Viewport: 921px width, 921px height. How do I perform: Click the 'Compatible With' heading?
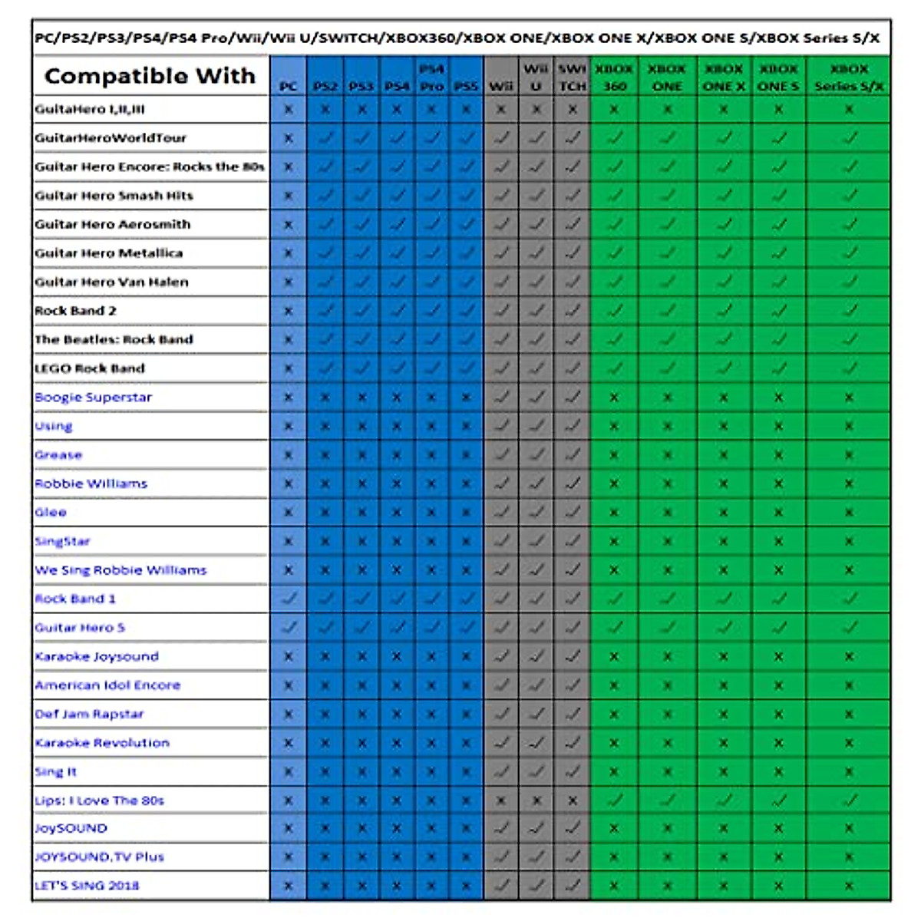click(x=150, y=76)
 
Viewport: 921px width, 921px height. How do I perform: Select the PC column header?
click(x=288, y=86)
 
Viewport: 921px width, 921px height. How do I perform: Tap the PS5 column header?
click(x=466, y=86)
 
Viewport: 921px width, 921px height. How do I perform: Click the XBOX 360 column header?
click(x=614, y=77)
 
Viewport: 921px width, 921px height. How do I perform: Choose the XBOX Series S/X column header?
click(x=849, y=77)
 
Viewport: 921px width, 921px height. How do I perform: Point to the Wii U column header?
click(x=536, y=77)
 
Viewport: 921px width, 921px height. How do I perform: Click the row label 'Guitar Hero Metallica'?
click(x=109, y=253)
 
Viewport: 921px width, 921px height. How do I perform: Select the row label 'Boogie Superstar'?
click(x=94, y=398)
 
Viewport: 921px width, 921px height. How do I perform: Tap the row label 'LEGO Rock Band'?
click(x=90, y=368)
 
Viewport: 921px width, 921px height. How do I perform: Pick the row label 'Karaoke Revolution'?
click(x=102, y=743)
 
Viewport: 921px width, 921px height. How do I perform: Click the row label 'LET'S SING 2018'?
click(x=87, y=886)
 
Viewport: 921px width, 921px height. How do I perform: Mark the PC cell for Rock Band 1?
click(x=289, y=599)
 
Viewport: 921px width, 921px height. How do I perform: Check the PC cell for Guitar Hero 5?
click(x=289, y=628)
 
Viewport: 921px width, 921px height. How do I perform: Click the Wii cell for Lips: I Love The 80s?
click(x=500, y=801)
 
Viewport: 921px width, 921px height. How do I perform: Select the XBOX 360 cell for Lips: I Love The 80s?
click(x=614, y=801)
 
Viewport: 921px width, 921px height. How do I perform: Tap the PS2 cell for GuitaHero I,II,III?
click(x=325, y=110)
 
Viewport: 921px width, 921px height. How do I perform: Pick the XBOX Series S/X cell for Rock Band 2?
click(x=849, y=311)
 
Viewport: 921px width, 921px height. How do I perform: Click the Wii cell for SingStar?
click(x=500, y=541)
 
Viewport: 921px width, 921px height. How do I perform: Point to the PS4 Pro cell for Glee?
click(x=431, y=513)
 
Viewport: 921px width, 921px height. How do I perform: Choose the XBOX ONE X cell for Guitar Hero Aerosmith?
click(x=724, y=225)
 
